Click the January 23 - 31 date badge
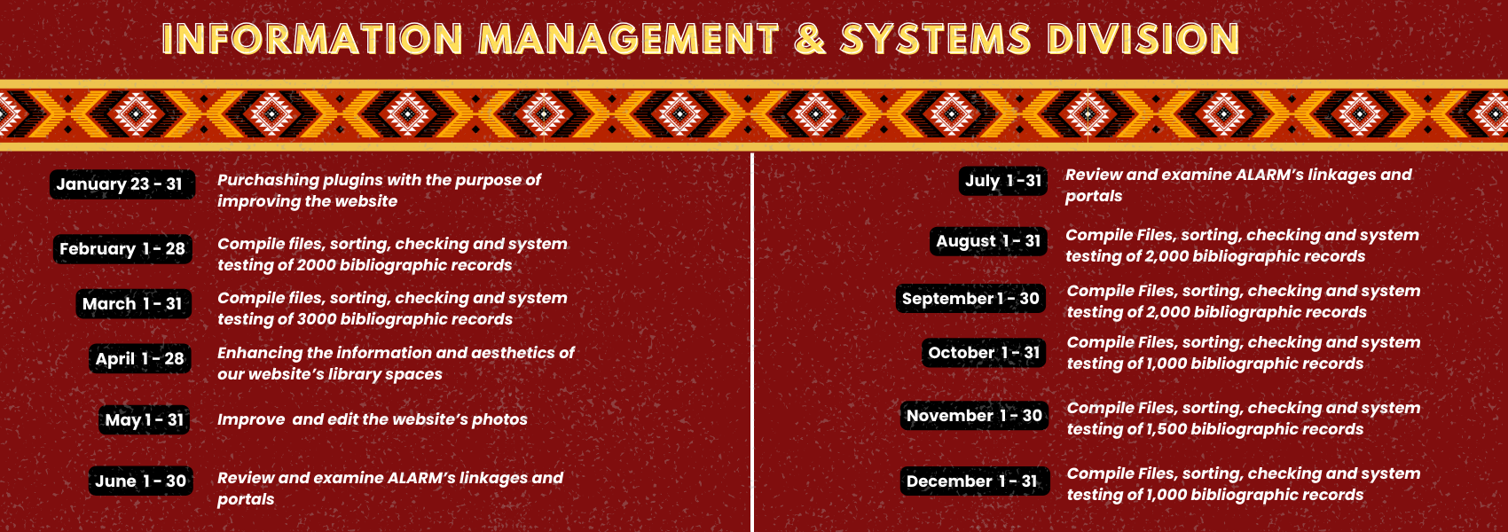click(x=122, y=184)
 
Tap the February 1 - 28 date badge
click(x=122, y=249)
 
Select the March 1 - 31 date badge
click(x=133, y=304)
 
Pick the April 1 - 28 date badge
click(x=140, y=358)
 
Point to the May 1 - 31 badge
click(x=144, y=419)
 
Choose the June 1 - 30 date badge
click(x=141, y=481)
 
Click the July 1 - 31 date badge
click(x=1003, y=181)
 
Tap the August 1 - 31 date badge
click(x=988, y=241)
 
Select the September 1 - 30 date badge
click(x=970, y=299)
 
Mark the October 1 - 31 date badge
click(x=984, y=352)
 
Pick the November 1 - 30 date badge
click(x=974, y=416)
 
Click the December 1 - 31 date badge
click(x=975, y=481)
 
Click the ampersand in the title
click(x=810, y=38)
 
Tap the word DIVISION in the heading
click(x=1143, y=38)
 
